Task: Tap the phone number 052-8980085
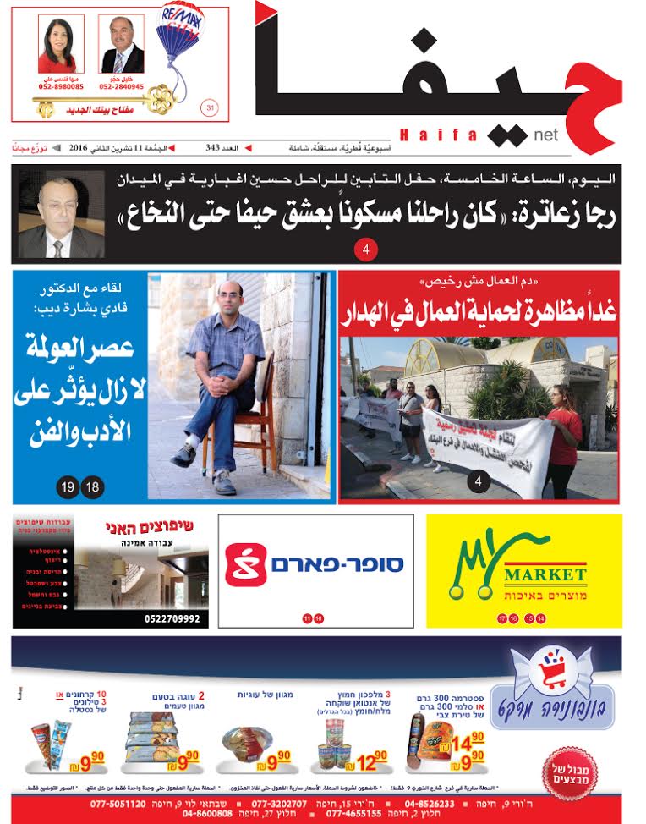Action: coord(61,87)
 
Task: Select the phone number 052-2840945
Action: coord(122,87)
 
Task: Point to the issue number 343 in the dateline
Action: coord(213,148)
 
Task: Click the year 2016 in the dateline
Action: coord(81,148)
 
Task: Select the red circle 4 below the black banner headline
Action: coord(365,250)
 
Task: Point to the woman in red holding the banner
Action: coord(565,436)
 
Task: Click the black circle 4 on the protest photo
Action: coord(479,483)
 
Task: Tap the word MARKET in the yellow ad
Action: coord(545,575)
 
